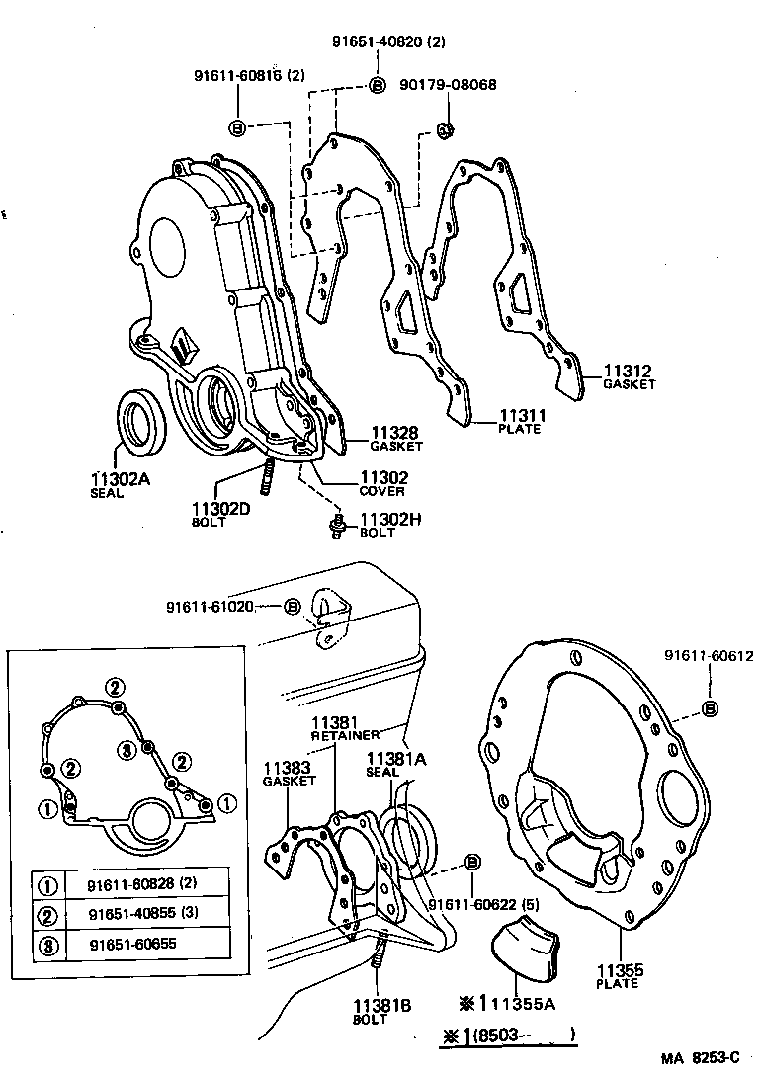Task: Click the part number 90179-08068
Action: [448, 85]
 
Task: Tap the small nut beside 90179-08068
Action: [444, 128]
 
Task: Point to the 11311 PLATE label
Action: [520, 421]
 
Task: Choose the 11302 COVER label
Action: [383, 483]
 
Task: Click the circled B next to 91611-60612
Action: [709, 707]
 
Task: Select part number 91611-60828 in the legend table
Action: [133, 882]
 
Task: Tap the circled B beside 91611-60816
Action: [237, 127]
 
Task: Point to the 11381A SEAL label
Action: [395, 765]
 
